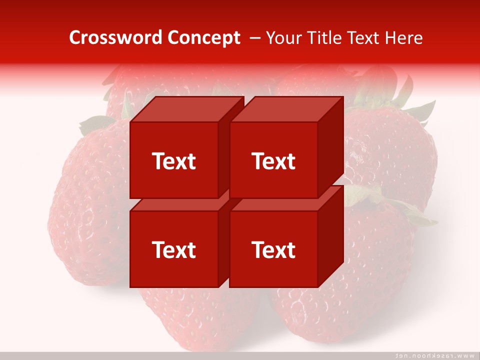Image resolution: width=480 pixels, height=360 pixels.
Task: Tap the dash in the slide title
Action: [x=254, y=38]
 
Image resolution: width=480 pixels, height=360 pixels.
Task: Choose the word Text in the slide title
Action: [x=363, y=38]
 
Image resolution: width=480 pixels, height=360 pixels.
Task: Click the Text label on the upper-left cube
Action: [x=173, y=161]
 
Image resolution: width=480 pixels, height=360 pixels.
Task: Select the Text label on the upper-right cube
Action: [x=273, y=161]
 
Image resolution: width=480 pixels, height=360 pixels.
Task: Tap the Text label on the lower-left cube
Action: [x=173, y=249]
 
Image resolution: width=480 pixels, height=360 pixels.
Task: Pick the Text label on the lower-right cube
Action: [x=273, y=249]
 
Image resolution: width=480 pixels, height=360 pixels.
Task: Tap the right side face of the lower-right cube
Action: [x=331, y=237]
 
